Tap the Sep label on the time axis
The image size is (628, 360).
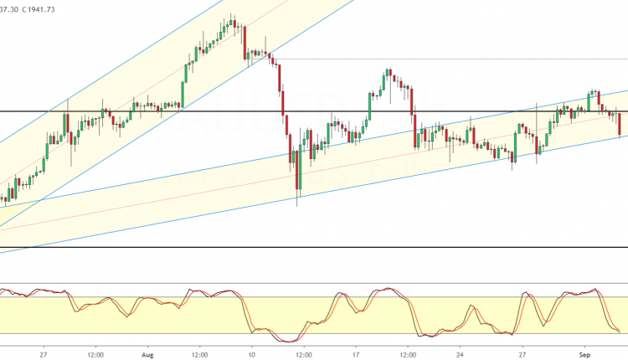click(x=586, y=353)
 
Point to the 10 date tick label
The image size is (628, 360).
click(x=251, y=353)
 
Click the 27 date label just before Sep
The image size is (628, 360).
click(x=522, y=353)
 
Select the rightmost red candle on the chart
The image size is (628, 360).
click(x=620, y=124)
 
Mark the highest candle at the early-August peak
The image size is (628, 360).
click(x=231, y=21)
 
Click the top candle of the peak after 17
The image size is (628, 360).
click(x=387, y=75)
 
